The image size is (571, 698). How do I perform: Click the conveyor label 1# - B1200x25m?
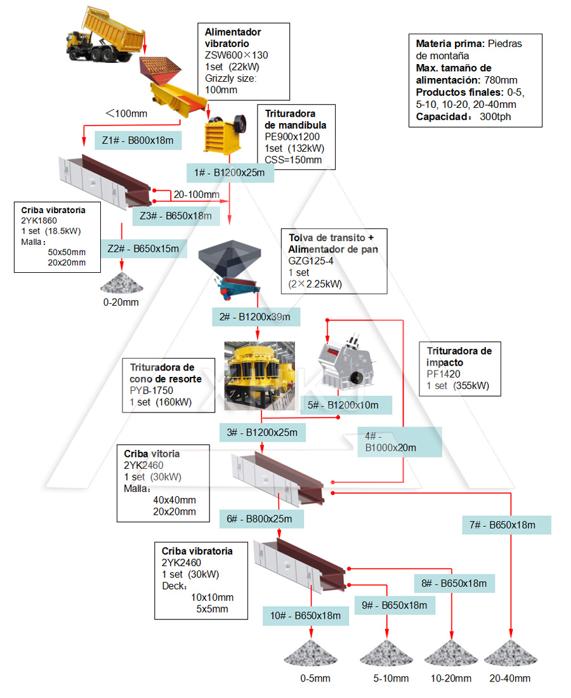[230, 172]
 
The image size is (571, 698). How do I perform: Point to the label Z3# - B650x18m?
[176, 216]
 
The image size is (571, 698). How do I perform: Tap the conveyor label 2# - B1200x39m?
[256, 317]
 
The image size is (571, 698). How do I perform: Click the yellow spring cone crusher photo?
[259, 375]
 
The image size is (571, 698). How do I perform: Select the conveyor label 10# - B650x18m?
[306, 615]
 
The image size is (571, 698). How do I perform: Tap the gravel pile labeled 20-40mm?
[509, 656]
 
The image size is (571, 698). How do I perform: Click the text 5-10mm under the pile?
[391, 678]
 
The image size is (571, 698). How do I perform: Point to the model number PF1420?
[443, 374]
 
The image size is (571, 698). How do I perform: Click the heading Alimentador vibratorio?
[233, 37]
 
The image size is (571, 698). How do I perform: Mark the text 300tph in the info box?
[495, 117]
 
